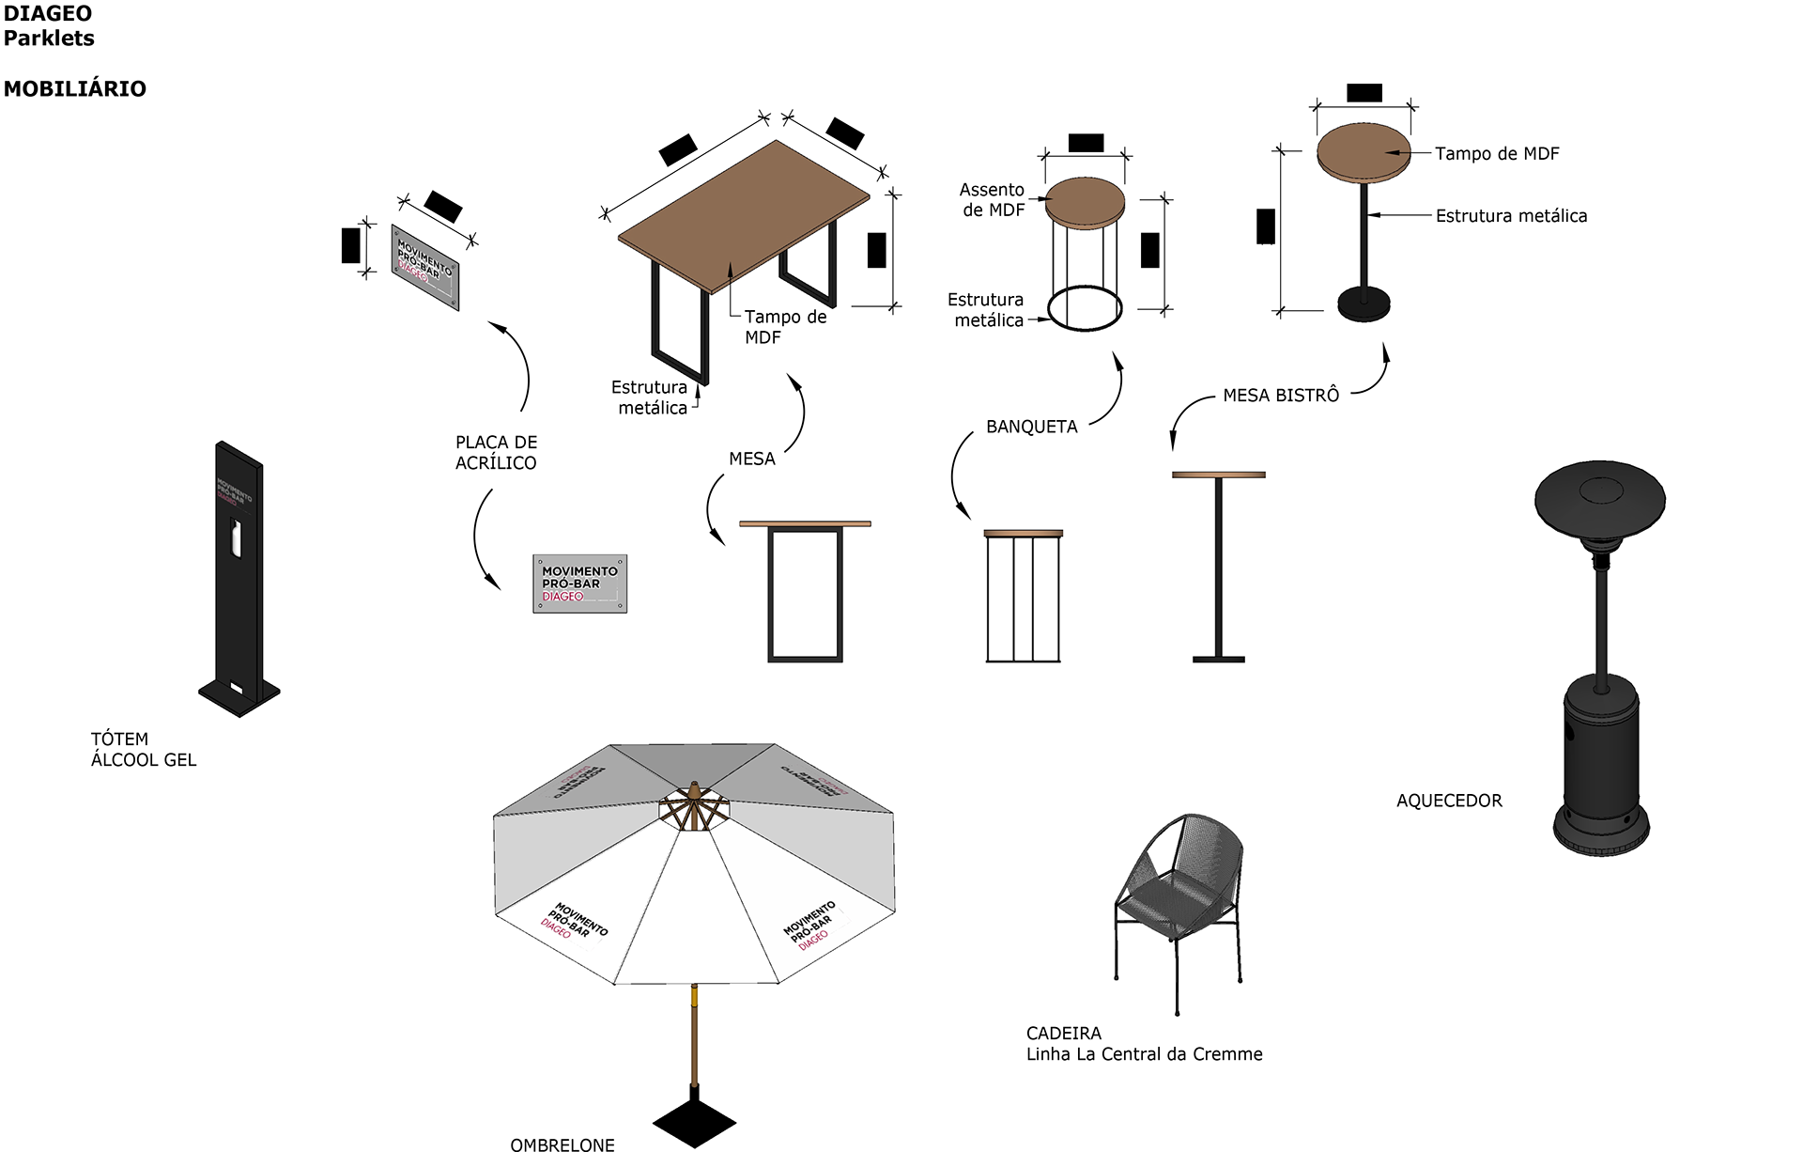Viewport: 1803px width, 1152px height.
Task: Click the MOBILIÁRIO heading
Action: [75, 89]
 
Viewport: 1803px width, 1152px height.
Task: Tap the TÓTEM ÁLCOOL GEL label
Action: [144, 749]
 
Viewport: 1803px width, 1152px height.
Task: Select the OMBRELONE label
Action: [562, 1144]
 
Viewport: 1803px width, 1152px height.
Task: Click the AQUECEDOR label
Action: [1449, 801]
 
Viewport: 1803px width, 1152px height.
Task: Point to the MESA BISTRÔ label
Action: [1281, 396]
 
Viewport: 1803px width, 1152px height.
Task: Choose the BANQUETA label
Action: [1031, 427]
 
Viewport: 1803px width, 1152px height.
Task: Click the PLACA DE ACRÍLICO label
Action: [496, 452]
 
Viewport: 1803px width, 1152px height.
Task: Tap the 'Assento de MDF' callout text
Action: [993, 199]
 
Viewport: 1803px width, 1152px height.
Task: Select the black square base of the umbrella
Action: [694, 1120]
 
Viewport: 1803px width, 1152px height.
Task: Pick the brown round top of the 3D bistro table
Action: [1364, 150]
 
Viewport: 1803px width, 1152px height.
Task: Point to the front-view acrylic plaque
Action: [579, 584]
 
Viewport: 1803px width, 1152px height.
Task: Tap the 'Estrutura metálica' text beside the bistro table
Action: [1511, 216]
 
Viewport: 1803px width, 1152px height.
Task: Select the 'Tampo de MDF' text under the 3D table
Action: [785, 327]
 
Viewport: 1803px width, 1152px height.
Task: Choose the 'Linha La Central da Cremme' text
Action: [1144, 1054]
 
